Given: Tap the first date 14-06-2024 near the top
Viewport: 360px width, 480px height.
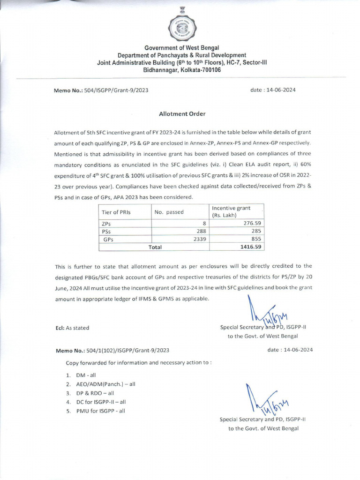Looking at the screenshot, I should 273,90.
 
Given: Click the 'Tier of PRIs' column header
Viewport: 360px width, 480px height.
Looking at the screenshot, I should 116,212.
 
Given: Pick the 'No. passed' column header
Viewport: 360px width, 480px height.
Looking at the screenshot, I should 169,212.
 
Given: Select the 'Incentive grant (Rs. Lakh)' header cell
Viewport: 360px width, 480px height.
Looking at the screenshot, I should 231,211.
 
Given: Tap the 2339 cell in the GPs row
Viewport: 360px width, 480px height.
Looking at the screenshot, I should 200,239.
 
